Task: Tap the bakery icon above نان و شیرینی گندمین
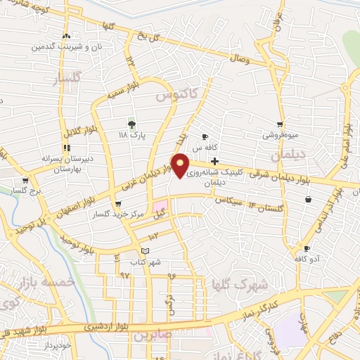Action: click(x=66, y=36)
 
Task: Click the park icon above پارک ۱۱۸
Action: click(x=131, y=124)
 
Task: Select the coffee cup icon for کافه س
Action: click(x=205, y=137)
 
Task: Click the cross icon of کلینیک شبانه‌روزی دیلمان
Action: click(x=214, y=161)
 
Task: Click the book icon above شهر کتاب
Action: click(x=145, y=251)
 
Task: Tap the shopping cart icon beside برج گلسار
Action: click(x=26, y=180)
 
